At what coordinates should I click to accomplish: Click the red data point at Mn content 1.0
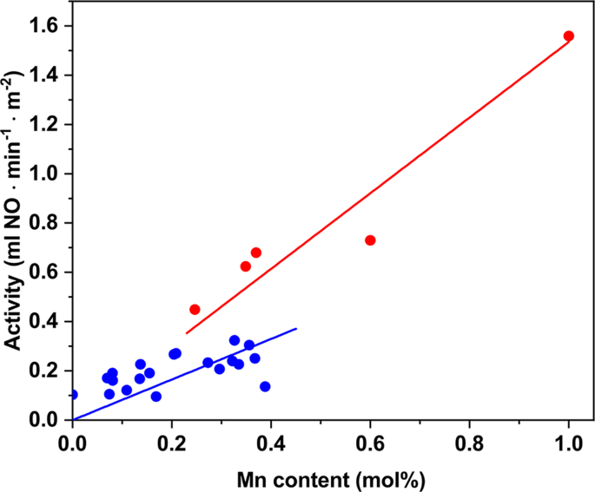[569, 36]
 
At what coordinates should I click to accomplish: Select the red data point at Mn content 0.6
[370, 240]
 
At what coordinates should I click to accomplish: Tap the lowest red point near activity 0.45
[195, 310]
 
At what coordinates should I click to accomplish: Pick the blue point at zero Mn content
[73, 395]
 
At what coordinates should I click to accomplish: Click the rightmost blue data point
[265, 387]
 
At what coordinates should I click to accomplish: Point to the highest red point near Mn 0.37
[256, 253]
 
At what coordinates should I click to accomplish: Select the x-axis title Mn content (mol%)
[321, 476]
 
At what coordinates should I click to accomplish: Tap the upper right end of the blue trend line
[296, 329]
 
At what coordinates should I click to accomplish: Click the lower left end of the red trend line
[187, 332]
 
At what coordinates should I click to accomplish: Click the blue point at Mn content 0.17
[156, 397]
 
